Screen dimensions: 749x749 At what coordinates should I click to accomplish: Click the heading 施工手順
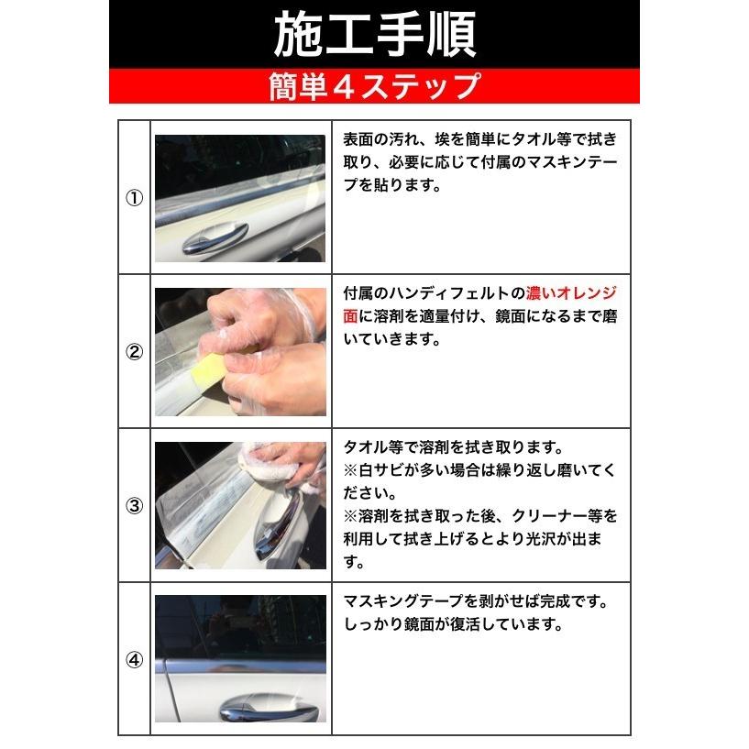click(x=374, y=35)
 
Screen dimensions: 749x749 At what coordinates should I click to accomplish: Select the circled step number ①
click(x=134, y=198)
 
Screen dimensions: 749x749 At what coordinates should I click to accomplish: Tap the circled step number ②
click(x=134, y=352)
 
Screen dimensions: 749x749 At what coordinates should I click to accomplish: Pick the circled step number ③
click(x=134, y=505)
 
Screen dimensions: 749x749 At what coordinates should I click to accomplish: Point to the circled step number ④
click(x=134, y=658)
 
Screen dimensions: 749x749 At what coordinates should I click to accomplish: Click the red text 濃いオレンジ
click(x=571, y=294)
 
